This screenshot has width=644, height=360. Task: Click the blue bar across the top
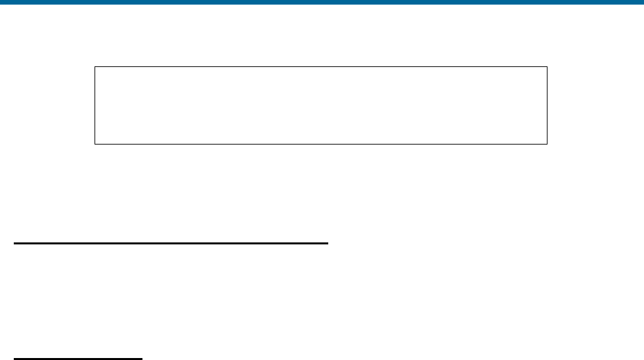[322, 2]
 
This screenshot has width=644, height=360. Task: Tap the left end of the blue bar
[2, 2]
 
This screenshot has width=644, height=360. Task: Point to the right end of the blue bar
[641, 2]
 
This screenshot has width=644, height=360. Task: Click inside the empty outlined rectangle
[321, 105]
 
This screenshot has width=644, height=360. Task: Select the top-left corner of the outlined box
[95, 66]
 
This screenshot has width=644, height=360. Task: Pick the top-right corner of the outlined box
[547, 66]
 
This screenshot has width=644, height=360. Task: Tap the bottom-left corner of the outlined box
[95, 143]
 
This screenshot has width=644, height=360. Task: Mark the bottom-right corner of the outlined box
[547, 143]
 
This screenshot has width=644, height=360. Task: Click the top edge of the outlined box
[321, 66]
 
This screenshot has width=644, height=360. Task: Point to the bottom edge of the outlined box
[321, 143]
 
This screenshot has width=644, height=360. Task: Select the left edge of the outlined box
[95, 105]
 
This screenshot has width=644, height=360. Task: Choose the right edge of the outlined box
[547, 105]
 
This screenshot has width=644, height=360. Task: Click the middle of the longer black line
[171, 243]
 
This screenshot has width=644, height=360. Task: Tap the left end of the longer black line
[15, 243]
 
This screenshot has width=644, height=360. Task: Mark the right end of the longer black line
[326, 243]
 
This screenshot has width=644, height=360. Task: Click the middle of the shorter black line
[78, 359]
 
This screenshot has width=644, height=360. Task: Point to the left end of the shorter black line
[15, 359]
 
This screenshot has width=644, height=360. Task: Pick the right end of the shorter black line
[141, 359]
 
